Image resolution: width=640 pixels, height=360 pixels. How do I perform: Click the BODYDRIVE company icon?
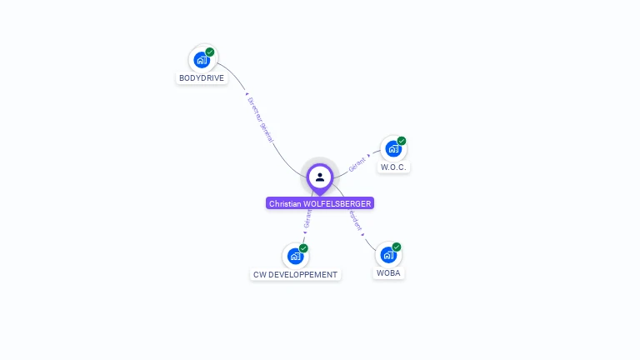click(x=201, y=60)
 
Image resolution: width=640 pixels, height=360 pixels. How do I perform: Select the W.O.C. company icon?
click(x=392, y=149)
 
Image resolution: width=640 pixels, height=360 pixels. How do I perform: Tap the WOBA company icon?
click(x=387, y=255)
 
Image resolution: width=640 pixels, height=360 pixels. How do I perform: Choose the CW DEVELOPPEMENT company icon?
click(x=294, y=256)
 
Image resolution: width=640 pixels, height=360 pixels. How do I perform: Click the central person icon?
click(x=320, y=177)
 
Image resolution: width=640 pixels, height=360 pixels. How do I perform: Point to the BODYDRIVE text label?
click(x=202, y=78)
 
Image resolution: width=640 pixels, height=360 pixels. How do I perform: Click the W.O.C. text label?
click(x=393, y=167)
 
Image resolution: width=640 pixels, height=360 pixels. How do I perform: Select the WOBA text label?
click(x=389, y=273)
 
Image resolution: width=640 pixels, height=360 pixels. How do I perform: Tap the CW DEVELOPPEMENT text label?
click(x=296, y=274)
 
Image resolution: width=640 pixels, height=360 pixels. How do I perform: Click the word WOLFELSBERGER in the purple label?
click(x=337, y=203)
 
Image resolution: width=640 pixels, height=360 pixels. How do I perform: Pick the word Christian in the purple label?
click(x=285, y=203)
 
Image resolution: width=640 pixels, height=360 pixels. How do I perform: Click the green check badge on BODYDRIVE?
click(x=210, y=52)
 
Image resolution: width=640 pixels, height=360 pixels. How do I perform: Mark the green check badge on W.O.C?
click(x=402, y=141)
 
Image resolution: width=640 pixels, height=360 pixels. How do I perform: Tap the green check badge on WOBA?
click(x=397, y=247)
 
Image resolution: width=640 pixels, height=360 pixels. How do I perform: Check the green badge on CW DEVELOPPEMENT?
click(x=303, y=248)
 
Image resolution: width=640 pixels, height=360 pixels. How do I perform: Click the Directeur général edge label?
click(x=260, y=119)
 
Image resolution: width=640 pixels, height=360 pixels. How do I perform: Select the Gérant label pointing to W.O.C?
click(x=357, y=162)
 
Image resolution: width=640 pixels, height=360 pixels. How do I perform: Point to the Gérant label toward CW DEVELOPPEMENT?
click(x=307, y=219)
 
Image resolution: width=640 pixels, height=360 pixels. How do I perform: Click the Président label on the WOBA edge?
click(x=356, y=219)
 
